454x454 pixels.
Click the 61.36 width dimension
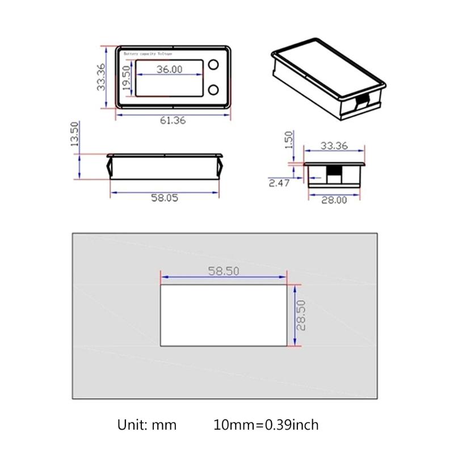tap(173, 120)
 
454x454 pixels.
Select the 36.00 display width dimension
tap(170, 69)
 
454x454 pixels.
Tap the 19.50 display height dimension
tap(127, 79)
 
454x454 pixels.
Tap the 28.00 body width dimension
tap(334, 200)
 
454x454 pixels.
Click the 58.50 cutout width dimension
tap(224, 271)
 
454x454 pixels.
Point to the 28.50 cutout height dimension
tap(301, 316)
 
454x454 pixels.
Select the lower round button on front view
tap(214, 90)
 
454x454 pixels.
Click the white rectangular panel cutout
tap(224, 316)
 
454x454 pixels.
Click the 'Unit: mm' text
tap(147, 424)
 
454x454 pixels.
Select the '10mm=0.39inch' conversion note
tap(266, 424)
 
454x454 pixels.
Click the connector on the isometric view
tap(361, 103)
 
